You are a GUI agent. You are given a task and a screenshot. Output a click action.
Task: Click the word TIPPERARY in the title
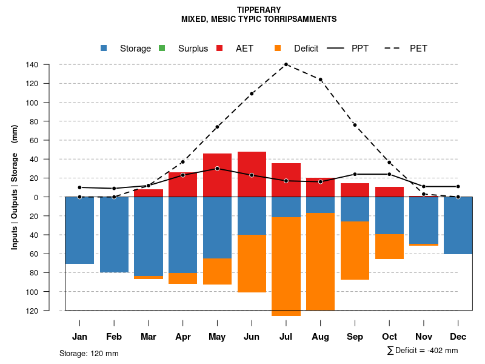tap(259, 10)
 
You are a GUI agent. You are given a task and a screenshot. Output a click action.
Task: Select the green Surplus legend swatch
tap(162, 48)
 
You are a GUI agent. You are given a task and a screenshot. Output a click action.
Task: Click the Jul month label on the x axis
tap(286, 337)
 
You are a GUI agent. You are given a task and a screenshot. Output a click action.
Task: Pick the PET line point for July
tap(286, 64)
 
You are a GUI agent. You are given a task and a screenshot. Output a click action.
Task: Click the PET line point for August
tap(321, 79)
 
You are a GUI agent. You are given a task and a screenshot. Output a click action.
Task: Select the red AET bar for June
tap(252, 174)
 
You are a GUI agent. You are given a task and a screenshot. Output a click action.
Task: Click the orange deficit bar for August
tap(321, 261)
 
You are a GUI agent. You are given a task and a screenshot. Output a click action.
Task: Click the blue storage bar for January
tap(79, 231)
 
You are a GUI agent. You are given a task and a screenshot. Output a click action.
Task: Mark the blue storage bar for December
tap(458, 225)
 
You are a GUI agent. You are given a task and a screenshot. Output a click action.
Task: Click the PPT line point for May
tap(217, 169)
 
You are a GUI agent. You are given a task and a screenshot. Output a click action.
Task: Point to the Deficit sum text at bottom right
tap(422, 350)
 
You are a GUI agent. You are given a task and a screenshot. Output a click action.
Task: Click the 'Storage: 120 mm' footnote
tap(89, 353)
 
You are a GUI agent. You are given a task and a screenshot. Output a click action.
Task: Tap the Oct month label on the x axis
tap(389, 337)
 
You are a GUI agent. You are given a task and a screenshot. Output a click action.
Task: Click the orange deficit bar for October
tap(389, 246)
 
